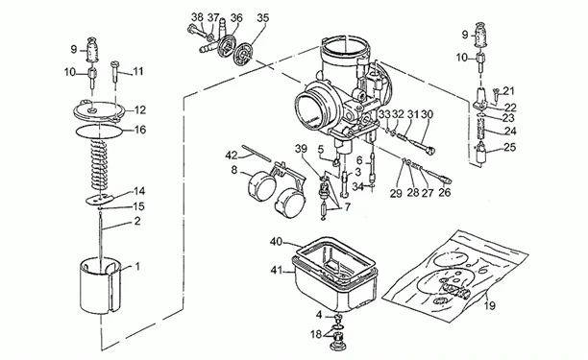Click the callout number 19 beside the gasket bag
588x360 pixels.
click(489, 305)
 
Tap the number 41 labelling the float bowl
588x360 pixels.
click(277, 270)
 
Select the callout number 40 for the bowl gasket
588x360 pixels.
click(276, 242)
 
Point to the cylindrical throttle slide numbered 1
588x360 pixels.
click(101, 285)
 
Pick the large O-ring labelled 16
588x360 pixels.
click(99, 132)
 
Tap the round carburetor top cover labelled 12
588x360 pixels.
click(99, 111)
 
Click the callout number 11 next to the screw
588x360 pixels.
click(138, 71)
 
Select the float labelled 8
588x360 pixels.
click(262, 186)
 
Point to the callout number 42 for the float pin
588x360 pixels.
click(232, 156)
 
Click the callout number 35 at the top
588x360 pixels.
click(263, 17)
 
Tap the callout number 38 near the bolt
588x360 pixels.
click(197, 17)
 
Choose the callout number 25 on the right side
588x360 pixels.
click(509, 147)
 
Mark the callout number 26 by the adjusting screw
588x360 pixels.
click(445, 193)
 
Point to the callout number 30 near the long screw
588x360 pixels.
click(427, 114)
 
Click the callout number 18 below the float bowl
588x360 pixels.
click(316, 334)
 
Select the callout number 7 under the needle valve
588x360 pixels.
click(347, 206)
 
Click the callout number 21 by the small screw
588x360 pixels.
click(509, 90)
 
